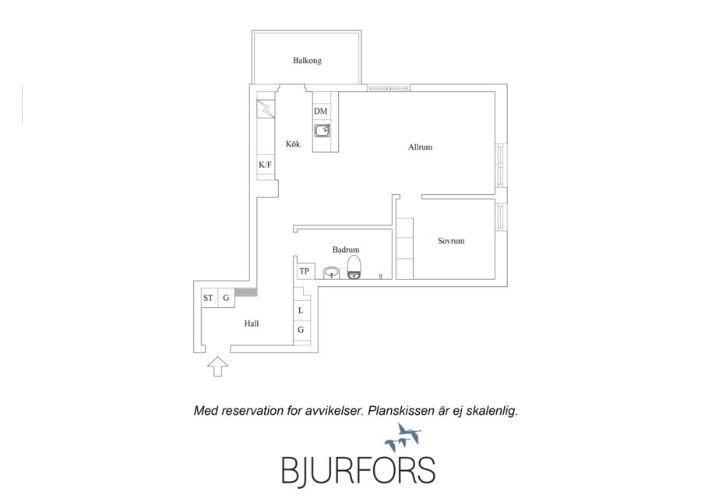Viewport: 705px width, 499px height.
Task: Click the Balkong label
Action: point(307,60)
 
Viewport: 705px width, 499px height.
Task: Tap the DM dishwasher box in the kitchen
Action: point(321,111)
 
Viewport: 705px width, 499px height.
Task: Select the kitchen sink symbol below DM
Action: point(322,130)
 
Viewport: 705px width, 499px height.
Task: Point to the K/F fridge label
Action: point(265,165)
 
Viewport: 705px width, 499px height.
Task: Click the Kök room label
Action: point(293,144)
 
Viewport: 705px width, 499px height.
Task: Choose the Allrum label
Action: point(421,147)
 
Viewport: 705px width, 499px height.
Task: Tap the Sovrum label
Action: point(451,241)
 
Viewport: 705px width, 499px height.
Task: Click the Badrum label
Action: point(346,249)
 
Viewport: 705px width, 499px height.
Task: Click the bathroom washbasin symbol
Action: point(332,272)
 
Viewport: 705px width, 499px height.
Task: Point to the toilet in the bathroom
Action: point(354,267)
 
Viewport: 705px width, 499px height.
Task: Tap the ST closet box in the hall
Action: point(209,298)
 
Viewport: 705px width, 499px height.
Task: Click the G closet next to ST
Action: point(226,298)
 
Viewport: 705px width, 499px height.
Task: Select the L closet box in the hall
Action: point(301,310)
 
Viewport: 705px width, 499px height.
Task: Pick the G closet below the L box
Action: point(301,330)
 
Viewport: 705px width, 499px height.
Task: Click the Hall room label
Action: point(252,323)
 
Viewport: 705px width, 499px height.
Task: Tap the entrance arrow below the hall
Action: point(217,366)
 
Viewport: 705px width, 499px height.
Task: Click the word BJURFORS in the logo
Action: point(358,471)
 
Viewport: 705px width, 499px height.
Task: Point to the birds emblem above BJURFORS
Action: point(404,437)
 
